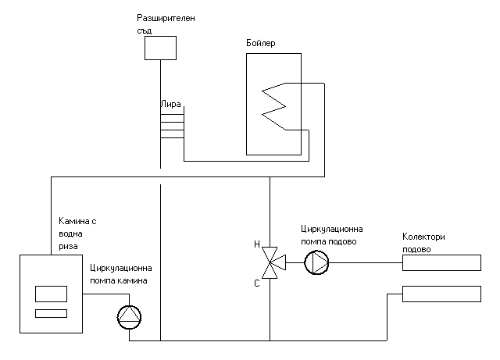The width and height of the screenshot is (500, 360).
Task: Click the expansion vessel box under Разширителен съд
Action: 160,48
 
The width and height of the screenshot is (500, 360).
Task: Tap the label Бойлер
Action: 260,43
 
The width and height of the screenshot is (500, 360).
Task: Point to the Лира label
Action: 171,103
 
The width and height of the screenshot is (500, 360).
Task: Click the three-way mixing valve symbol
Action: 270,263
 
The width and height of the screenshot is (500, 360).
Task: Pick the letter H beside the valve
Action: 256,244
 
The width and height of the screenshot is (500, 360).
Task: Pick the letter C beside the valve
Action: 256,283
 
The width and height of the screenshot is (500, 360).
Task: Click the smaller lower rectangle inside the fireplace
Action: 50,314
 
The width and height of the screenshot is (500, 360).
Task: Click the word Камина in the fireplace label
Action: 73,222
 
